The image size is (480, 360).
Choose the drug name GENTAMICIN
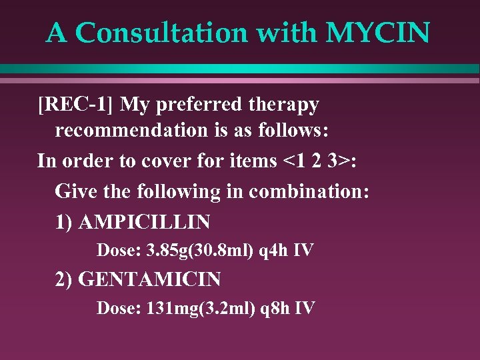click(149, 279)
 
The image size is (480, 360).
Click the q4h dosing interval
click(273, 251)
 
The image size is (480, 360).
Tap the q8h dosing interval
click(273, 308)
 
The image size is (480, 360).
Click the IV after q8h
click(305, 308)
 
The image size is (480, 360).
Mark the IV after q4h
click(304, 251)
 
